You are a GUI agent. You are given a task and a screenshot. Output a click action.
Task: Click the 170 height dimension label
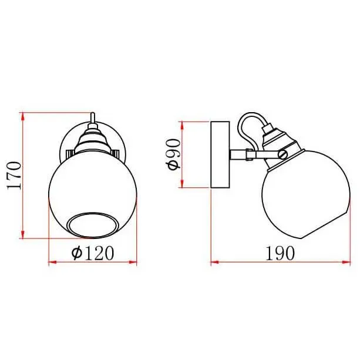point(14,176)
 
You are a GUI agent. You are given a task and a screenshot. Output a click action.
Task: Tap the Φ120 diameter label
point(93,253)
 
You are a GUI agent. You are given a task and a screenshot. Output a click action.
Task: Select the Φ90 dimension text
point(174,154)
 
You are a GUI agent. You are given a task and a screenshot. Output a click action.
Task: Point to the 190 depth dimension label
point(280,253)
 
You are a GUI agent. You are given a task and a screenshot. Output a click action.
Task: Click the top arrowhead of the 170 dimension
point(22,116)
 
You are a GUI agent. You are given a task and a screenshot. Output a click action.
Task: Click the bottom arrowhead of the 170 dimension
point(22,234)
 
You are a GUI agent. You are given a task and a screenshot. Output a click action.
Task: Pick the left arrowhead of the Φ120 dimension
point(53,262)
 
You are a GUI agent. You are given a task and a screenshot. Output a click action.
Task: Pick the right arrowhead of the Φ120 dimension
point(133,262)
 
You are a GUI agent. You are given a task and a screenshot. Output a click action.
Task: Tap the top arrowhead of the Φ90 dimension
point(182,125)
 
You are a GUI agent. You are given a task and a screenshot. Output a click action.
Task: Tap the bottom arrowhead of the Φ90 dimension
point(182,183)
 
